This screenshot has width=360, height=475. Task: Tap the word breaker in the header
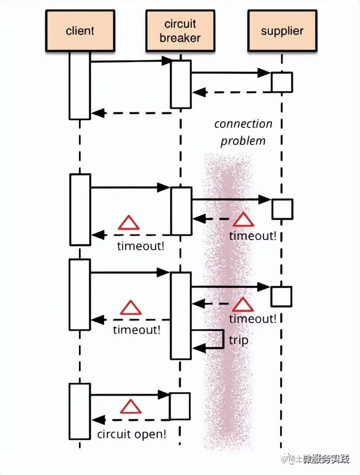tap(180, 38)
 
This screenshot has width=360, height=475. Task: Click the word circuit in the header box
tap(180, 24)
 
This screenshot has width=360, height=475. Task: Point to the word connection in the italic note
tap(243, 124)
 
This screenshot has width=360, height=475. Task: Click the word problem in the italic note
tap(243, 141)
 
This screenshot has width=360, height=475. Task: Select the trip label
tap(238, 340)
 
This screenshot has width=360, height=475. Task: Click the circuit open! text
tap(132, 434)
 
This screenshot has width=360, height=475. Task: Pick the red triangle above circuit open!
tap(130, 407)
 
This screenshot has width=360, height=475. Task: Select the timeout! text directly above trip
tap(252, 319)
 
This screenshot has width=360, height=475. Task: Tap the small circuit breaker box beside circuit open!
tap(180, 406)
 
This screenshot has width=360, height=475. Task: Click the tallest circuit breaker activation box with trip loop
tap(180, 315)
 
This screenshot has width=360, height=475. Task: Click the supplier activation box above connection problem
tap(282, 82)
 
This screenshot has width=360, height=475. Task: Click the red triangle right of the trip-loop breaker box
tap(243, 304)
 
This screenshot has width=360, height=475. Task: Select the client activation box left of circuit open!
tap(80, 412)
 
